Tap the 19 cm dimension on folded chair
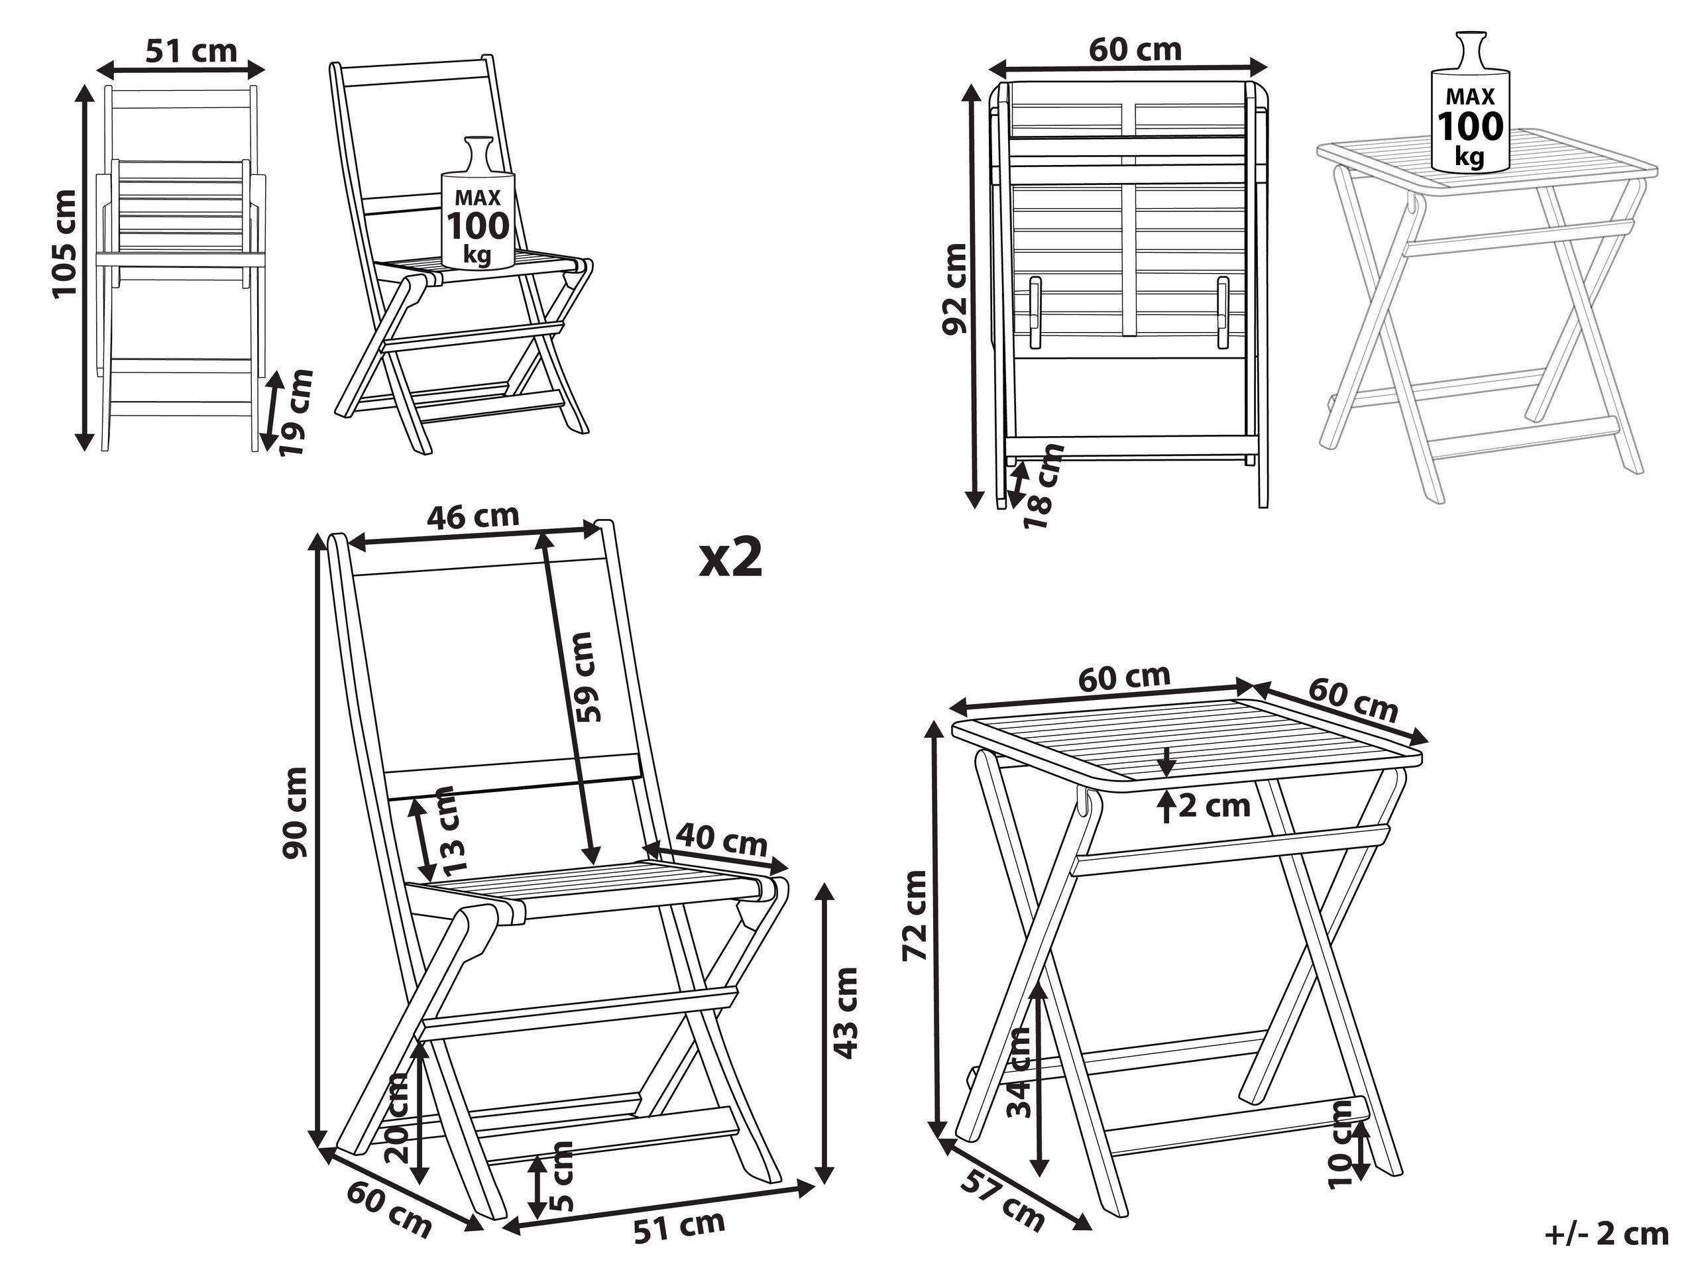pyautogui.click(x=295, y=412)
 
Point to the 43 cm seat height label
pyautogui.click(x=846, y=1013)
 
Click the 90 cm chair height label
pyautogui.click(x=295, y=813)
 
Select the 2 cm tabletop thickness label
pyautogui.click(x=1214, y=806)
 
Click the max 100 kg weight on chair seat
pyautogui.click(x=478, y=224)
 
